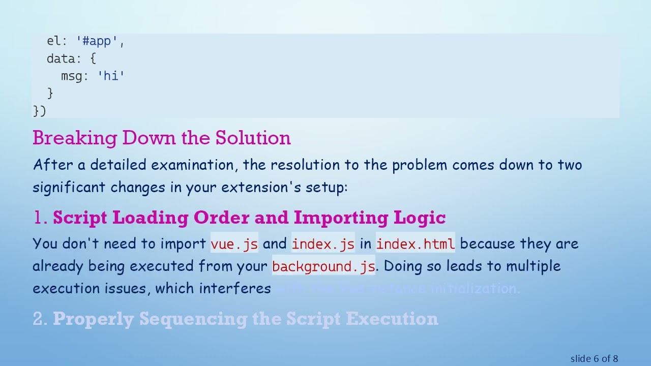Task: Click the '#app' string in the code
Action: click(100, 42)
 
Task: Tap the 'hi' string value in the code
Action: click(111, 76)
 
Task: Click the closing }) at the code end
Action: click(39, 111)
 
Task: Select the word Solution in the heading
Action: click(253, 138)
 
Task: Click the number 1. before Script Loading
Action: click(40, 218)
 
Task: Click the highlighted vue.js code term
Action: click(234, 244)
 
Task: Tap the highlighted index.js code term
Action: click(323, 244)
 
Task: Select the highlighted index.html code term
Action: click(416, 244)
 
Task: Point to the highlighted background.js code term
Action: click(323, 266)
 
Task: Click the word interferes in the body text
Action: click(234, 289)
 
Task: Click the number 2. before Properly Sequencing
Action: click(40, 319)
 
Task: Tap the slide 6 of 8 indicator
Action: click(594, 359)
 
